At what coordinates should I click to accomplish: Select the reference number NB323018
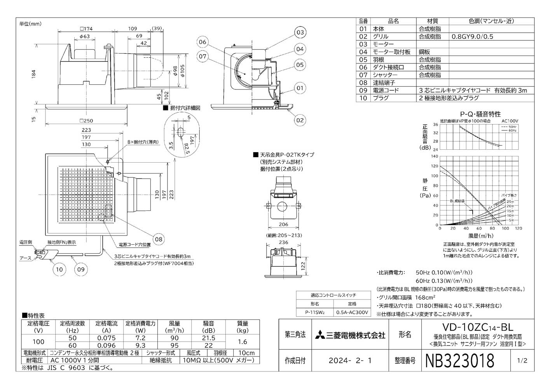pos(460,361)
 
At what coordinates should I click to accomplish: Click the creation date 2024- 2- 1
pos(350,361)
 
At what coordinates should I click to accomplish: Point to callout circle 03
pos(300,33)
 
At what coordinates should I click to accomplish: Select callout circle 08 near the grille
pos(159,239)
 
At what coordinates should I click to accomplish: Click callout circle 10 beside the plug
pos(59,269)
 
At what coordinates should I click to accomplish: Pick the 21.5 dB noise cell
pos(209,338)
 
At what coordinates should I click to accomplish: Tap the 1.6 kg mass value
pos(243,342)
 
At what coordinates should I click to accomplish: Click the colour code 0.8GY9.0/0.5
pos(472,37)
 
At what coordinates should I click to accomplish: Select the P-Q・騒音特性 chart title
pos(480,114)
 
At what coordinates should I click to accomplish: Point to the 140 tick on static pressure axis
pos(434,156)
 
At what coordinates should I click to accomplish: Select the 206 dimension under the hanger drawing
pos(283,224)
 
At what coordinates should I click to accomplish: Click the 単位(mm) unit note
pos(30,23)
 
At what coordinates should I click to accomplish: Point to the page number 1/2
pos(522,361)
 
